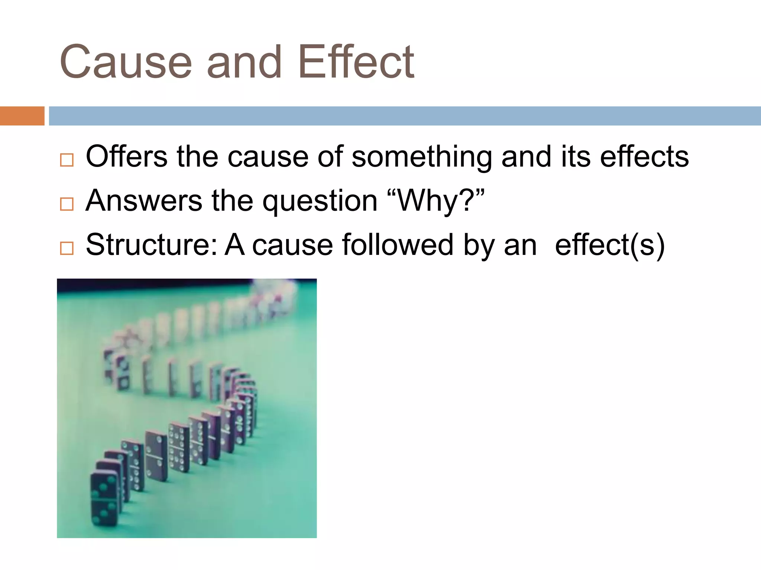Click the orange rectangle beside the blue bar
coord(22,116)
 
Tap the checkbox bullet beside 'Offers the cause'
coord(67,160)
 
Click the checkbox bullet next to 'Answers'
coord(67,204)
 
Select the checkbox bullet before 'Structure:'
coord(67,248)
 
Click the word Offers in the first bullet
coord(126,157)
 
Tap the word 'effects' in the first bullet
coord(644,157)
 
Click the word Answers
coord(144,201)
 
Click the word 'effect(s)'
coord(609,245)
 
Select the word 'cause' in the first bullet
coord(268,157)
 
